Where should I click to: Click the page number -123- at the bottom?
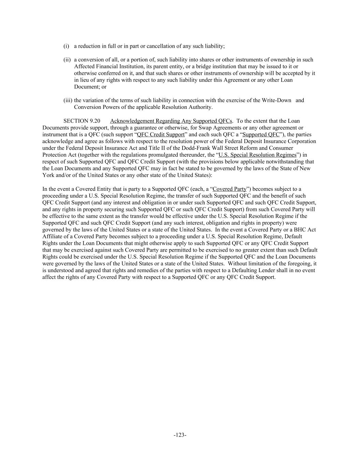[180, 435]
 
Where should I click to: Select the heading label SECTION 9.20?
[82, 121]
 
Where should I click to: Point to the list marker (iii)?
[68, 100]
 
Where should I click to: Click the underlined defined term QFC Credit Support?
[160, 135]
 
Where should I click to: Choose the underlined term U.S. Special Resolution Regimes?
[257, 155]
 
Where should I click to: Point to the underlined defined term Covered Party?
[229, 189]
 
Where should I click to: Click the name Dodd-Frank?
[205, 148]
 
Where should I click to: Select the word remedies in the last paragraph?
[149, 270]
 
